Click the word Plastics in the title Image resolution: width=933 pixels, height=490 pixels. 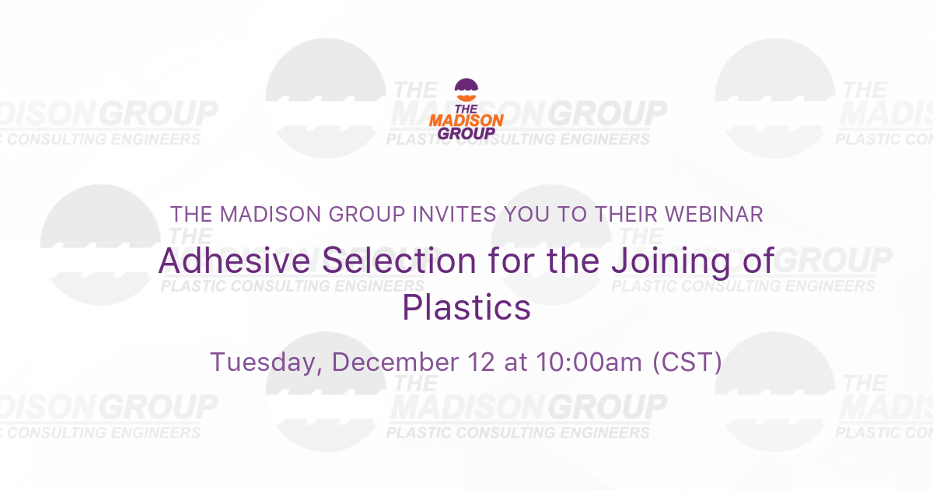click(466, 307)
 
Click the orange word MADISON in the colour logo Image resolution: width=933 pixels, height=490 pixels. click(466, 120)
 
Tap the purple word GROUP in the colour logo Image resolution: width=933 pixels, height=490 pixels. click(466, 132)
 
